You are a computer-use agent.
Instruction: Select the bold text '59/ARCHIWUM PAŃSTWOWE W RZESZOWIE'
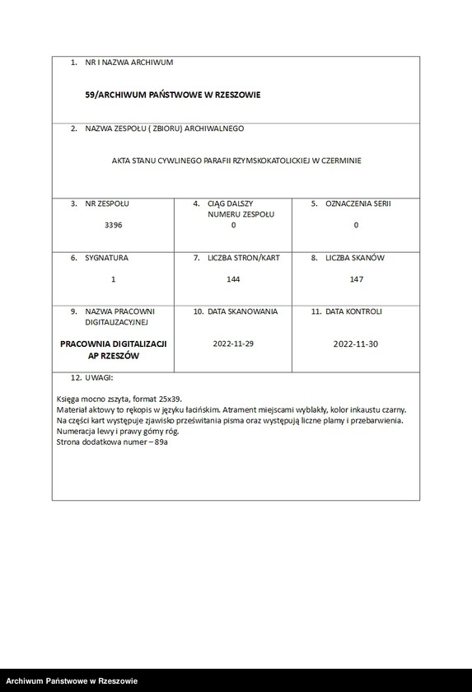coord(173,95)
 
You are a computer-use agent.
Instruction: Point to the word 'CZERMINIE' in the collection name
coord(341,161)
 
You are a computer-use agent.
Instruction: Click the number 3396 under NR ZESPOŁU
coord(114,225)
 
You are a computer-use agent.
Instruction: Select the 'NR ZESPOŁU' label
coord(107,203)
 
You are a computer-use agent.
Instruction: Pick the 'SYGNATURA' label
coord(106,258)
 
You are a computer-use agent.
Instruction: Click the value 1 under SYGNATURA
coord(114,280)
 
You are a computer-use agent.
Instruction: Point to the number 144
coord(233,280)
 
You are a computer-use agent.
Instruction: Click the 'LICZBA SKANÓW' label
coord(355,258)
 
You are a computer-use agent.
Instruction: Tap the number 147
coord(356,280)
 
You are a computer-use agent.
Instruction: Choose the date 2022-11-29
coord(233,344)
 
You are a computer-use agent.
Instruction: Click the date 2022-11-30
coord(356,344)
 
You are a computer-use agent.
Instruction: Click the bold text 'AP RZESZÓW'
coord(114,356)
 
